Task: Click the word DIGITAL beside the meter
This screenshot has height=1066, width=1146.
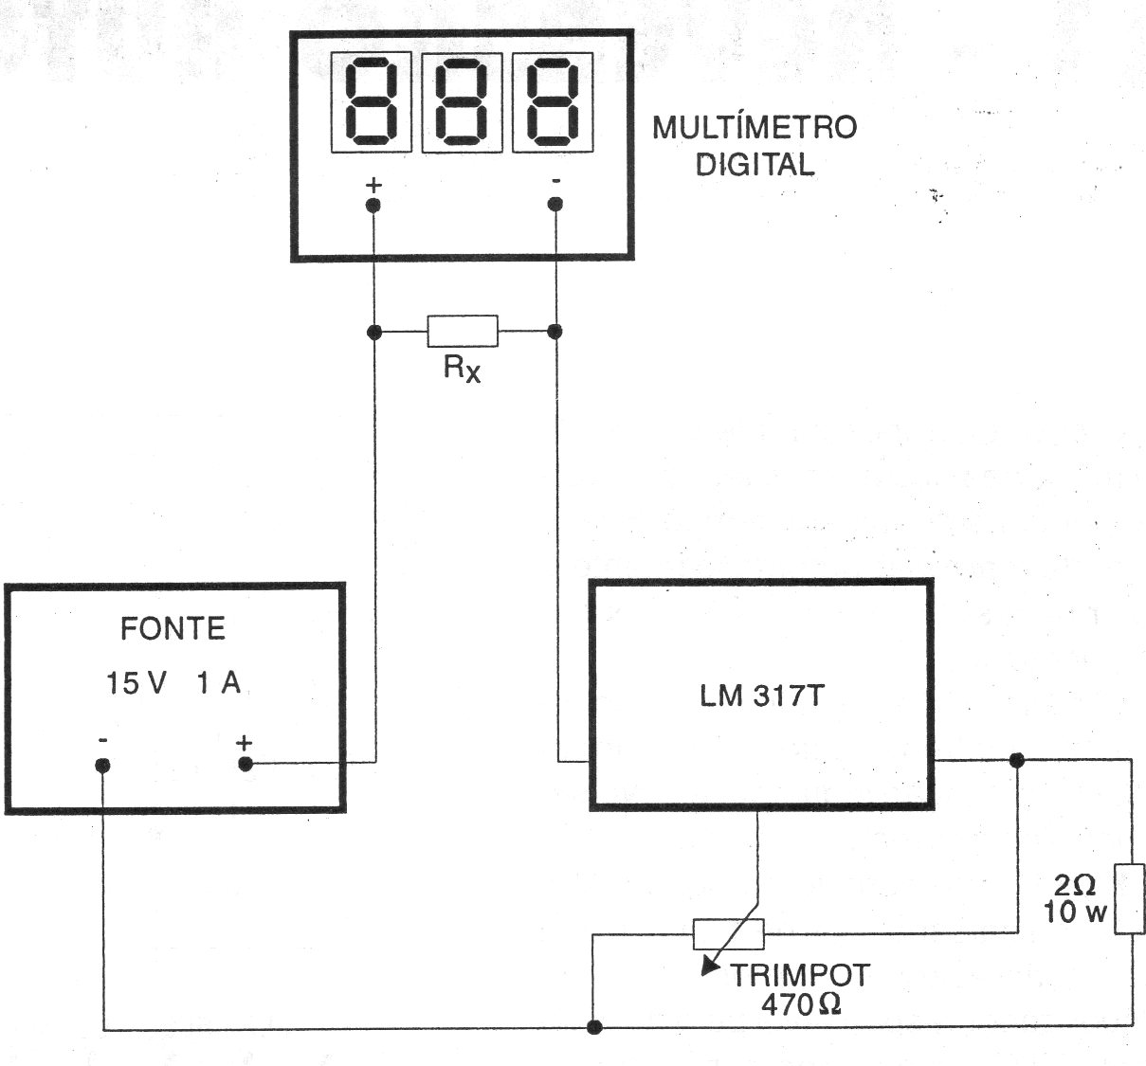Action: point(755,165)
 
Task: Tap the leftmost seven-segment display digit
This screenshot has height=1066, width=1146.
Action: point(371,102)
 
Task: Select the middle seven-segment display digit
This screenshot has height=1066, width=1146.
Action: point(462,102)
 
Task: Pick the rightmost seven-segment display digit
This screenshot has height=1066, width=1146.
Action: point(553,102)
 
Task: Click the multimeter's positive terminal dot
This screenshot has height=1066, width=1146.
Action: point(373,206)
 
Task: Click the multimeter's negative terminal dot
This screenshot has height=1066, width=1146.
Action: point(555,205)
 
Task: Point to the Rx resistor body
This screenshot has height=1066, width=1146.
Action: point(463,331)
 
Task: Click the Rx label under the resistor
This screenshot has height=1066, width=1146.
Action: point(462,368)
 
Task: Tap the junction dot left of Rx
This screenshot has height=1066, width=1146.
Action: point(374,332)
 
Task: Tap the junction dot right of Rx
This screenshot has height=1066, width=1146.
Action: point(555,331)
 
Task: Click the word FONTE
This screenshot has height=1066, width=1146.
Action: point(173,629)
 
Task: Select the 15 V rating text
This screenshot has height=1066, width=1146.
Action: point(136,683)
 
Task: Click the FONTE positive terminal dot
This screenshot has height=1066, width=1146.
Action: point(246,764)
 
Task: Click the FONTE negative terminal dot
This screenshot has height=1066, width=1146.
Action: point(102,766)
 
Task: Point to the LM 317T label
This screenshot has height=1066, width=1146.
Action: point(762,696)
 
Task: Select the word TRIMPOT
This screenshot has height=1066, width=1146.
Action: point(800,975)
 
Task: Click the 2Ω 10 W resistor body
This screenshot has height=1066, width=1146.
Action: point(1129,898)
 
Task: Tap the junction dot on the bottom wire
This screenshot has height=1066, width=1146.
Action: point(594,1027)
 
